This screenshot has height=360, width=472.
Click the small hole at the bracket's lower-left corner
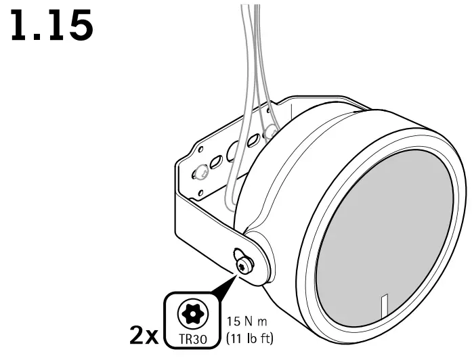click(x=200, y=197)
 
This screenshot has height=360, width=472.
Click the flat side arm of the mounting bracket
click(x=203, y=223)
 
